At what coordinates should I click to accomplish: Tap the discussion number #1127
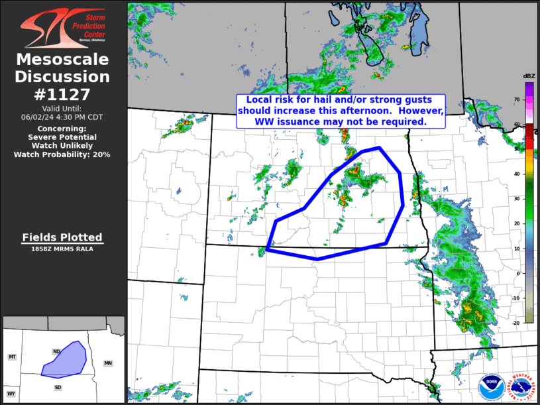tap(62, 94)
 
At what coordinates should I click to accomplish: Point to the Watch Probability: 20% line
tap(62, 154)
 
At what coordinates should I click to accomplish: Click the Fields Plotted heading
tap(62, 237)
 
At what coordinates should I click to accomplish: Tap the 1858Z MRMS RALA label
tap(62, 249)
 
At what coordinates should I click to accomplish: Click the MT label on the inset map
tap(12, 357)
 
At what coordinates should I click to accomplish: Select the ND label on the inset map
tap(56, 351)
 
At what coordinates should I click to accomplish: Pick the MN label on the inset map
tap(109, 363)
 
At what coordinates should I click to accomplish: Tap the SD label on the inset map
tap(58, 387)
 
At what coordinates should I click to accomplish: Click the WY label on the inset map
tap(11, 394)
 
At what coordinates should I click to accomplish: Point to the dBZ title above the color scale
tap(529, 76)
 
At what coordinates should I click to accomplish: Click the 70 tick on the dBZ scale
tap(517, 99)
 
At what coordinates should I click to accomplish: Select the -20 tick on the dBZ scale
tap(515, 322)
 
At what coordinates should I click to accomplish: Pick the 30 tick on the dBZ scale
tap(517, 198)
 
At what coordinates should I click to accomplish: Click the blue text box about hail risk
tap(341, 111)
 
